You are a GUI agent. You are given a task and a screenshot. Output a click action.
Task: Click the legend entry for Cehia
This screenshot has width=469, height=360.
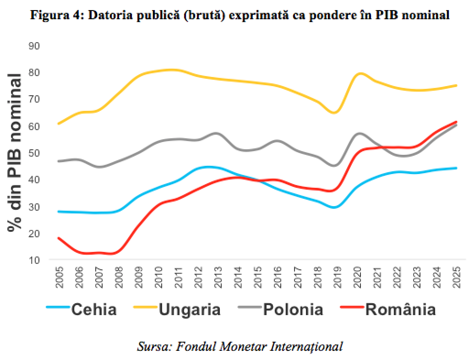coord(94,309)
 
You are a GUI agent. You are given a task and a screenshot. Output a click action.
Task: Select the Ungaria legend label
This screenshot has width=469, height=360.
coord(190,309)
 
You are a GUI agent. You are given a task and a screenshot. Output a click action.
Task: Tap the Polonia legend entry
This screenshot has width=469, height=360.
coord(293,309)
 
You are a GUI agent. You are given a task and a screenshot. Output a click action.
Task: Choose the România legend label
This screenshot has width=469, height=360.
coord(400,309)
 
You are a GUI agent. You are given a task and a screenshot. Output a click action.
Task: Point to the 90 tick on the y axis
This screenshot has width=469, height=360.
coord(34,46)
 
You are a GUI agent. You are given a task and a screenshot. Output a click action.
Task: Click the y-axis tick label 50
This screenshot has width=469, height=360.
coord(34,153)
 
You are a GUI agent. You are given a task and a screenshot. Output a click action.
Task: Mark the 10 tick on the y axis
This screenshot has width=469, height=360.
coord(34,260)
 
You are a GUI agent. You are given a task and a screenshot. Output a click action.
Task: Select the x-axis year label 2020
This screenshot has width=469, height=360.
coord(357,278)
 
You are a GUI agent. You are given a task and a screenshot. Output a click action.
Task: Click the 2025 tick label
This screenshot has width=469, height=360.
coord(457,278)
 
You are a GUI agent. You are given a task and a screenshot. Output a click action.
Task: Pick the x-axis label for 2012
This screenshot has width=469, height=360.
coord(198,278)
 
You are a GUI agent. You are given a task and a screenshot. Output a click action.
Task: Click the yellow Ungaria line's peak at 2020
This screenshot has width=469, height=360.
coord(360,73)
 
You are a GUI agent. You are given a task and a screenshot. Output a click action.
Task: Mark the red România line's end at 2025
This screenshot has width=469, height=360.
coord(456,122)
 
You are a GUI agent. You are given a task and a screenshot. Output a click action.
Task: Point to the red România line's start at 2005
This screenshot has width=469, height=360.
coord(59,238)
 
